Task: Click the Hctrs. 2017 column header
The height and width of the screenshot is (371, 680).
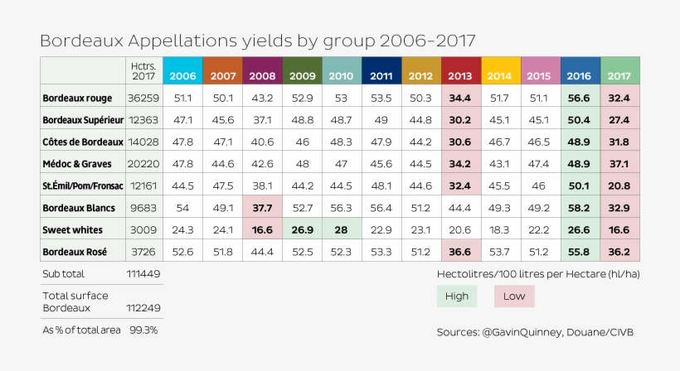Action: [x=143, y=70]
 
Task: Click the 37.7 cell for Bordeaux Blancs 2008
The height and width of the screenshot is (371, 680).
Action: [x=262, y=208]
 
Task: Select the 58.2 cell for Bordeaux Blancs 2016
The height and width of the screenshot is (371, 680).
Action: [x=580, y=208]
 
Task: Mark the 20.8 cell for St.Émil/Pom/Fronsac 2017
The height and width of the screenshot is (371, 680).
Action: [x=619, y=185]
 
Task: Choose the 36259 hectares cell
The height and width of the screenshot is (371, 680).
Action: [x=143, y=98]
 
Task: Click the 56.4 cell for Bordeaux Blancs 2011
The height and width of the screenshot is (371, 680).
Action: [x=381, y=208]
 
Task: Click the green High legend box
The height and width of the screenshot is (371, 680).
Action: [x=457, y=296]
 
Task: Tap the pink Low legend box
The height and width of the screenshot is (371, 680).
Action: [x=513, y=296]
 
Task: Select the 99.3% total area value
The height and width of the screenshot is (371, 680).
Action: [x=143, y=330]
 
